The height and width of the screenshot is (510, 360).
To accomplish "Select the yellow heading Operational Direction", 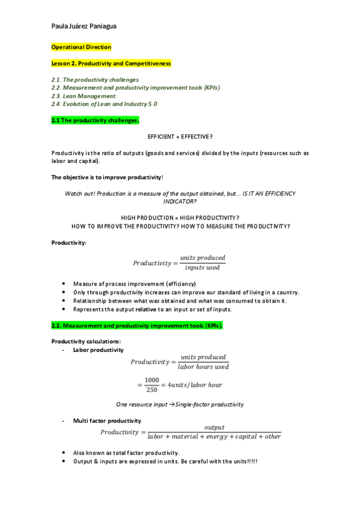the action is (81, 47).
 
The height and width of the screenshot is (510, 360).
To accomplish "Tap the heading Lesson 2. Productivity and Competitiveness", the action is (111, 63).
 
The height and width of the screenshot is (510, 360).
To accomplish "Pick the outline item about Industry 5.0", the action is (104, 104).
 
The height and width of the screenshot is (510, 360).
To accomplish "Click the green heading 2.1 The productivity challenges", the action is (95, 120).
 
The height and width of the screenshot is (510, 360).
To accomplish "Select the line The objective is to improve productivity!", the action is (107, 177).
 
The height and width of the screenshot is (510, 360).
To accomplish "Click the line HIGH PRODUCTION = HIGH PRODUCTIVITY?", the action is (180, 217).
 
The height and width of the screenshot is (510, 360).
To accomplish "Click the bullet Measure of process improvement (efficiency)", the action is (135, 283).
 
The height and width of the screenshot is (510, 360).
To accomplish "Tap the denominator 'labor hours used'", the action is (203, 366).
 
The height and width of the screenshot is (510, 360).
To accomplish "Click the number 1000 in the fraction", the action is (151, 380).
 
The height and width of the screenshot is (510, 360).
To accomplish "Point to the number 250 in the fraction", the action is (151, 389).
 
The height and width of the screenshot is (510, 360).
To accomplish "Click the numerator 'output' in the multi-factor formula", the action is (214, 428).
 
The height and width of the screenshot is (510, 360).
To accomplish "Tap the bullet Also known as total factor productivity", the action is (126, 453).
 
